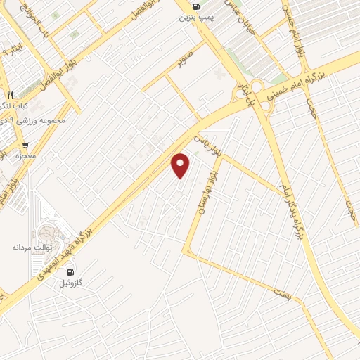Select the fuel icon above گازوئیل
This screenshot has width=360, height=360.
70,271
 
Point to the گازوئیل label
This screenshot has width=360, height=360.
70,283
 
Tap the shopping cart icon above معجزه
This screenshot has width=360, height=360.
26,145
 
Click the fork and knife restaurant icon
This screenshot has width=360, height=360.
9,94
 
